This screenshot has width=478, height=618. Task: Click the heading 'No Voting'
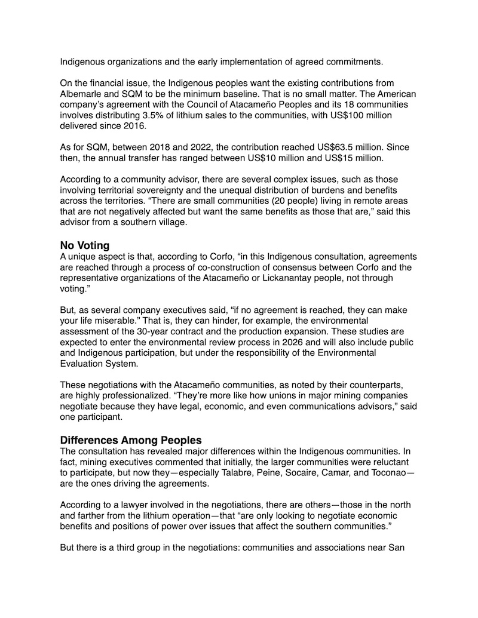coord(88,245)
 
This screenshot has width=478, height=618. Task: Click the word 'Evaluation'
coord(83,364)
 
